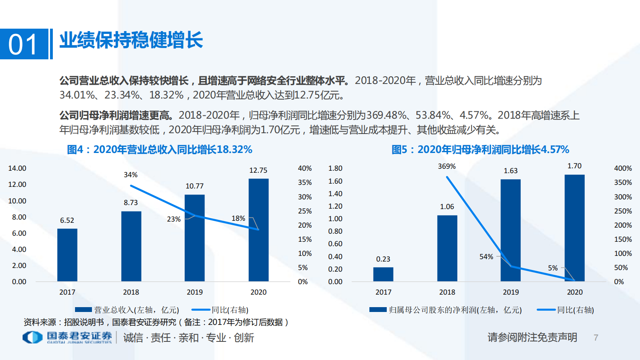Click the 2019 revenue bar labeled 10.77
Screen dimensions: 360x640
coord(194,238)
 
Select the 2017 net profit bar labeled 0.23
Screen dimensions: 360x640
coord(383,274)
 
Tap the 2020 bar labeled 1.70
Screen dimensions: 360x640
coord(574,228)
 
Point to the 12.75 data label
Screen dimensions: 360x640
coord(258,170)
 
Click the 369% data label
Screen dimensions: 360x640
coord(447,166)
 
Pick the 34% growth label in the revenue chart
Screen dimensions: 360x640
coord(131,175)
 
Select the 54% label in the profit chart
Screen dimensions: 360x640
coord(486,257)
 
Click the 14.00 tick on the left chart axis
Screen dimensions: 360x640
coord(17,168)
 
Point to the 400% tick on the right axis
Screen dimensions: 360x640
coord(623,168)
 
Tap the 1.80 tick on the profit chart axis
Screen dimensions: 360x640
coord(335,168)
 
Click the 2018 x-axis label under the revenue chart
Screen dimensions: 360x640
coord(131,292)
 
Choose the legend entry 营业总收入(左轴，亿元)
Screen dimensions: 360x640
coord(127,310)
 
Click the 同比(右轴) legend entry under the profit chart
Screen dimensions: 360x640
coord(566,310)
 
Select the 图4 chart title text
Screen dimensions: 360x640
coord(159,150)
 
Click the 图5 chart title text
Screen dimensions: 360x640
coord(480,150)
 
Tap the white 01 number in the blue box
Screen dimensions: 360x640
coord(23,44)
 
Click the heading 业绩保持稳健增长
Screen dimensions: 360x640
coord(131,40)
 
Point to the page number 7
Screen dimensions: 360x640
coord(596,337)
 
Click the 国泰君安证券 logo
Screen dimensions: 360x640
coord(68,337)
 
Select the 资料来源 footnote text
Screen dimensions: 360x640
coord(156,322)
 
